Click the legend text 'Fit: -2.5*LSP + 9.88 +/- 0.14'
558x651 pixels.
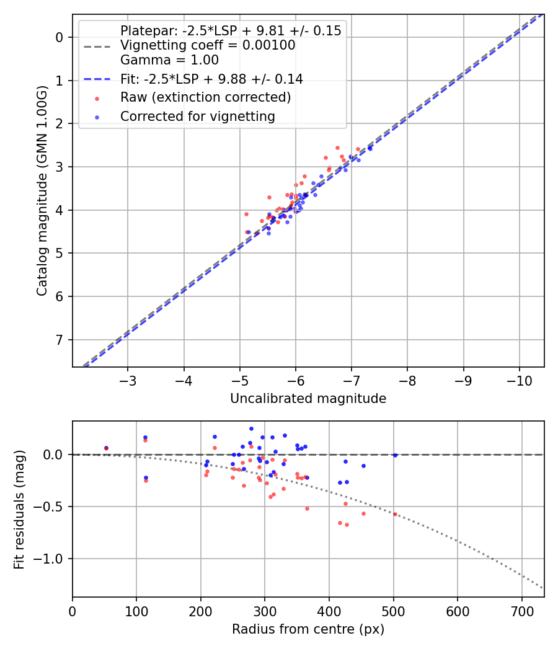[x=211, y=79]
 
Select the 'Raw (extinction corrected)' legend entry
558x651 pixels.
[x=205, y=97]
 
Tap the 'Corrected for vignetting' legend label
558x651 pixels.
[x=198, y=116]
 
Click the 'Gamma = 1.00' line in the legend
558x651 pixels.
[x=169, y=60]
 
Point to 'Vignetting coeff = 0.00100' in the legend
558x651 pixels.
[x=208, y=45]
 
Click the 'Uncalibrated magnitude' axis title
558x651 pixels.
[x=308, y=399]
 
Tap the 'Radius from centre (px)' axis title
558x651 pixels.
[x=308, y=629]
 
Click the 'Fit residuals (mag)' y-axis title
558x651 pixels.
[x=19, y=508]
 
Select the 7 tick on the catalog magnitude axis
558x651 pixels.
[x=60, y=340]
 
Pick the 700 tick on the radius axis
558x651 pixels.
[x=521, y=610]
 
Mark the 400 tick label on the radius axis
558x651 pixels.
[x=329, y=610]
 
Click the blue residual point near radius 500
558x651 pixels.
[x=394, y=455]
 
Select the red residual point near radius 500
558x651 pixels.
[x=394, y=514]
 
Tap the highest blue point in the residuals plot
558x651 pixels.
[x=251, y=428]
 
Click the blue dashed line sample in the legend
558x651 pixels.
[x=97, y=79]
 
